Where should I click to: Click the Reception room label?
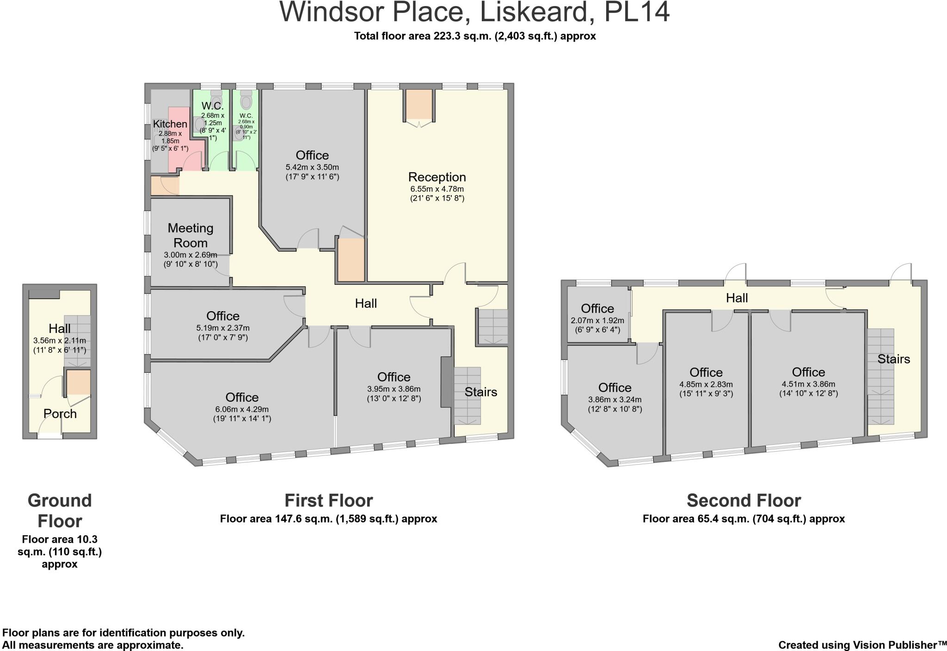(437, 177)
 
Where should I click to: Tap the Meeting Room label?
(191, 235)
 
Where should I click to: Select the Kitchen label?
(170, 124)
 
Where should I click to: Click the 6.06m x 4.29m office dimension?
(242, 409)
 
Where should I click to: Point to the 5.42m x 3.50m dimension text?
(312, 167)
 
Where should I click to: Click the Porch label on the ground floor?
(60, 414)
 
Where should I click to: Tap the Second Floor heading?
(744, 500)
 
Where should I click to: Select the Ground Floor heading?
(60, 510)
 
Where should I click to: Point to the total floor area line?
(475, 36)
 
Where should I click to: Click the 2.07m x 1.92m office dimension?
(597, 320)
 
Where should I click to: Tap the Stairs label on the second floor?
(893, 359)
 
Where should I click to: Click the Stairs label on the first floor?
(481, 392)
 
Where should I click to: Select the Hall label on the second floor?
(737, 298)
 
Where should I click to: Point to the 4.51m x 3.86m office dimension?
(808, 384)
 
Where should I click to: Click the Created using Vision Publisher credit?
(862, 645)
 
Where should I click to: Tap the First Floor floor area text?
(328, 519)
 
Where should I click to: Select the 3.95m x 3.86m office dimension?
(394, 389)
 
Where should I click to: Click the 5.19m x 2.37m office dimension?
(223, 328)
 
